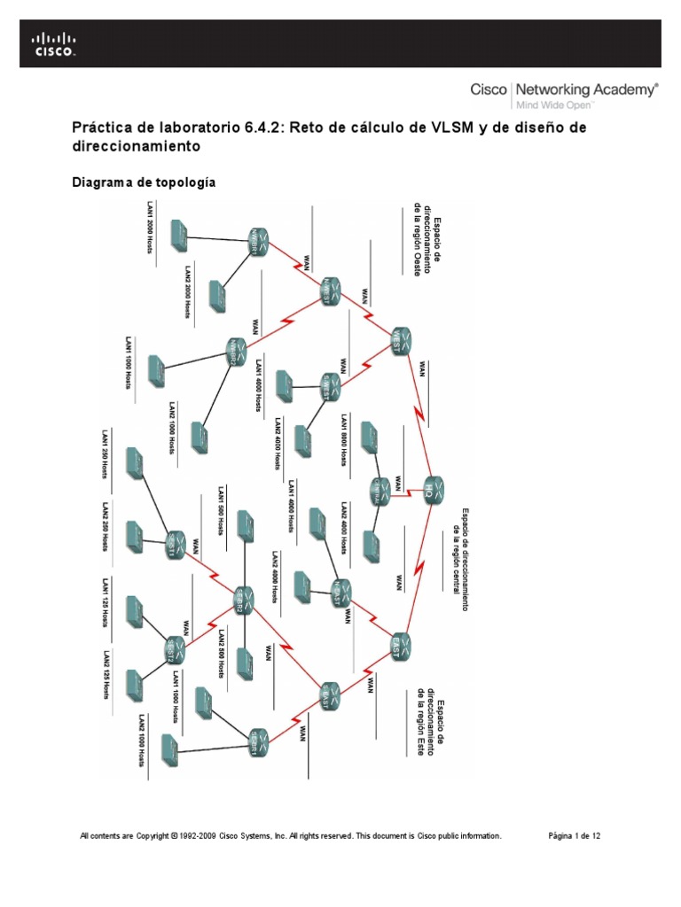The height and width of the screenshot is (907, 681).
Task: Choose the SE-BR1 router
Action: [255, 738]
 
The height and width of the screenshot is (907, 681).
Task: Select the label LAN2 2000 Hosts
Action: [188, 292]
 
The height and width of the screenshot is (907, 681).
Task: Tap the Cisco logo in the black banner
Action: [54, 44]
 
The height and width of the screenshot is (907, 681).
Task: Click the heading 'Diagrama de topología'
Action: [143, 182]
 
